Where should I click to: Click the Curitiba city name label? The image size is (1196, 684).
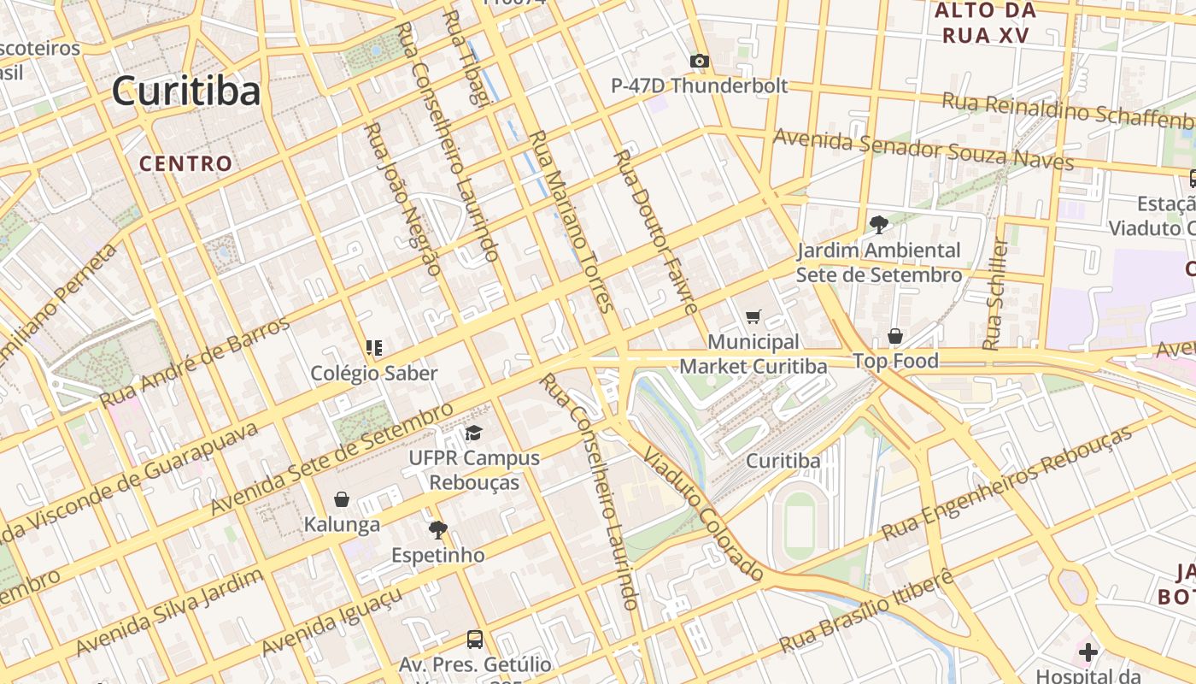pyautogui.click(x=185, y=91)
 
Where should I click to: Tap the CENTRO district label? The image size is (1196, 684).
pyautogui.click(x=185, y=163)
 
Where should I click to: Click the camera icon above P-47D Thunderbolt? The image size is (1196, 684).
pyautogui.click(x=699, y=61)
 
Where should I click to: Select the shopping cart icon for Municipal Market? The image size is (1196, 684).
pyautogui.click(x=753, y=317)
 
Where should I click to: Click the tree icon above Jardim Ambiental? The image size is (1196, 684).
pyautogui.click(x=877, y=225)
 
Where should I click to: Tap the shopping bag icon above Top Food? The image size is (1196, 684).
pyautogui.click(x=894, y=336)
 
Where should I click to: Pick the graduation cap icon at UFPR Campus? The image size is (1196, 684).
pyautogui.click(x=473, y=433)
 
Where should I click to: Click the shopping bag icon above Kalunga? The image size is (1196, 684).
pyautogui.click(x=342, y=499)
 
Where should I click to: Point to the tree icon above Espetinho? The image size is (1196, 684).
pyautogui.click(x=437, y=530)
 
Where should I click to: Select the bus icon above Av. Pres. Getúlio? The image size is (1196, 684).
pyautogui.click(x=474, y=639)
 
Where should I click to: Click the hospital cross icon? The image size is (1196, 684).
pyautogui.click(x=1088, y=653)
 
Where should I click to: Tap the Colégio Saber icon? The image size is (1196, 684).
pyautogui.click(x=373, y=348)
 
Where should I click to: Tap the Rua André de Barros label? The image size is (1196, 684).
pyautogui.click(x=196, y=362)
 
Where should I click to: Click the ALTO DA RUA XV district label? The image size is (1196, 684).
pyautogui.click(x=985, y=23)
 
